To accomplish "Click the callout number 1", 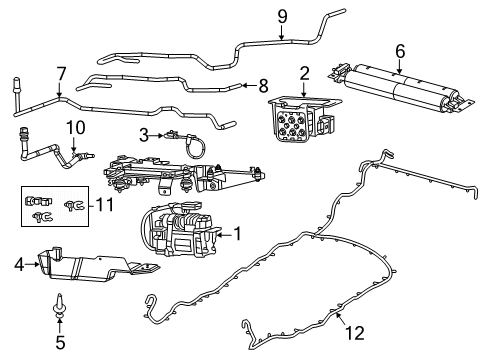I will tap(237, 234).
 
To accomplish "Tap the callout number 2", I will tap(304, 72).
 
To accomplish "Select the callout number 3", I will tap(144, 134).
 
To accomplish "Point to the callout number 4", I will tap(19, 265).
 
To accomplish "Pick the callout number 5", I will tap(59, 341).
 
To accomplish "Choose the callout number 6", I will tap(400, 51).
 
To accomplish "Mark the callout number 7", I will tap(60, 72).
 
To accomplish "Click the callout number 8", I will tap(264, 85).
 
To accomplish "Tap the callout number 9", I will tap(282, 15).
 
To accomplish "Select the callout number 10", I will tap(71, 126).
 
